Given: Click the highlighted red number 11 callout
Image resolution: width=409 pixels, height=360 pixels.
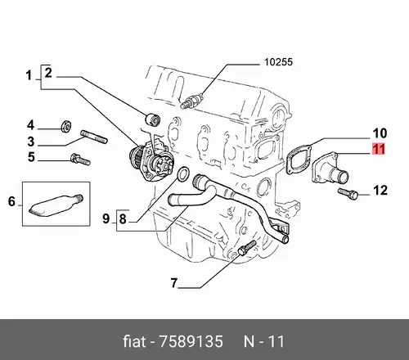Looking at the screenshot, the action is click(379, 149).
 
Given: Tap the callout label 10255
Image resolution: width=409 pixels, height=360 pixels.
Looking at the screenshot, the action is click(278, 62).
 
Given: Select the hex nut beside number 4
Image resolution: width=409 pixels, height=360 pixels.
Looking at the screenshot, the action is click(65, 126).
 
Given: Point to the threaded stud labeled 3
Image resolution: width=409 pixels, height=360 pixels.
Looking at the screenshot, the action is click(94, 137).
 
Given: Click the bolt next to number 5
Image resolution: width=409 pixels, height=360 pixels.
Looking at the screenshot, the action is click(80, 160).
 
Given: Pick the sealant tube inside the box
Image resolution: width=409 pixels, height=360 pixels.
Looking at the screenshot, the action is click(56, 205).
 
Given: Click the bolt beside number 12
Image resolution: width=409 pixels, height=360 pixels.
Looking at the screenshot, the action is click(348, 194).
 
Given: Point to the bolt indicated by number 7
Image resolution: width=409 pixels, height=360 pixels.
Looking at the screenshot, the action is click(247, 248).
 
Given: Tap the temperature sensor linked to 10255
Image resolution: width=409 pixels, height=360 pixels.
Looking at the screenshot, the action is click(192, 101).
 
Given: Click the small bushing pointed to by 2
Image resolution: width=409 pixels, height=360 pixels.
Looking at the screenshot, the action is click(152, 119).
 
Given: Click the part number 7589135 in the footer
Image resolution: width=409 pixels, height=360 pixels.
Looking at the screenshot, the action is click(191, 341).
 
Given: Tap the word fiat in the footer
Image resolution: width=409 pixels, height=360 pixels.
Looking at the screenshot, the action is click(134, 341).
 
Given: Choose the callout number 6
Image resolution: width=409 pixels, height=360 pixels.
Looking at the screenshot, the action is click(11, 201).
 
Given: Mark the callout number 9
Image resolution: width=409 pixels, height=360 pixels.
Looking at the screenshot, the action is click(106, 218).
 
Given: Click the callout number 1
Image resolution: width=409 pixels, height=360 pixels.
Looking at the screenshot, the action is click(29, 75).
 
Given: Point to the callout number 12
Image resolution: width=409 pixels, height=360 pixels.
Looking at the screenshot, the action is click(380, 190).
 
